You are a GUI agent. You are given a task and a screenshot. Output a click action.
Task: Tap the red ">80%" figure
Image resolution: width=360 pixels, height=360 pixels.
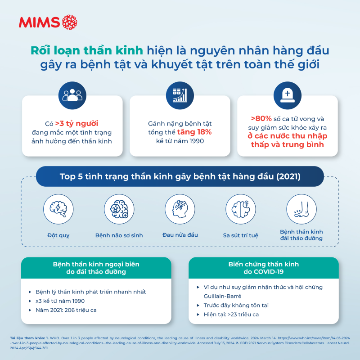(261, 119)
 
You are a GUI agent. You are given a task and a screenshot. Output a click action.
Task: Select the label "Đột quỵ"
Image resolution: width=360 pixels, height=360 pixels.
(58, 235)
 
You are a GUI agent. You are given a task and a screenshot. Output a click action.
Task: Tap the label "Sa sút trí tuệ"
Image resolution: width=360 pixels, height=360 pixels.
(241, 235)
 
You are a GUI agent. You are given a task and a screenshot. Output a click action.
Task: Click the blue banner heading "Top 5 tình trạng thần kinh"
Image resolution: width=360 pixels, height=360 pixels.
(180, 176)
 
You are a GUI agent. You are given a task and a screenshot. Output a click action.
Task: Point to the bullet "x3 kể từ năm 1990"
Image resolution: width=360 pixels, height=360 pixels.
(60, 301)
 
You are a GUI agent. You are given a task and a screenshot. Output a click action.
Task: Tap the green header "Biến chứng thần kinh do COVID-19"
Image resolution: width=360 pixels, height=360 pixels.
(263, 268)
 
